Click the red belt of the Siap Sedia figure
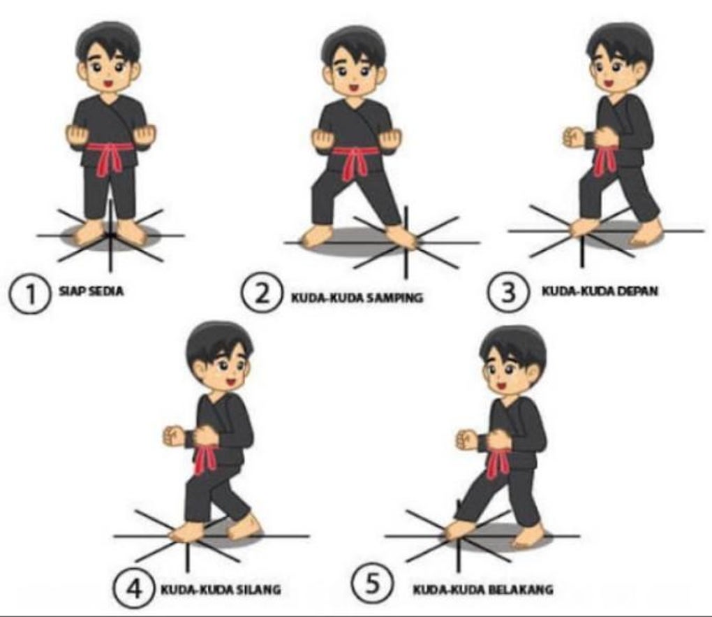point(109,154)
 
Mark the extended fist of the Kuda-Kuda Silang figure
point(173,436)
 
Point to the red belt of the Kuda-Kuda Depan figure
point(605,155)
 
